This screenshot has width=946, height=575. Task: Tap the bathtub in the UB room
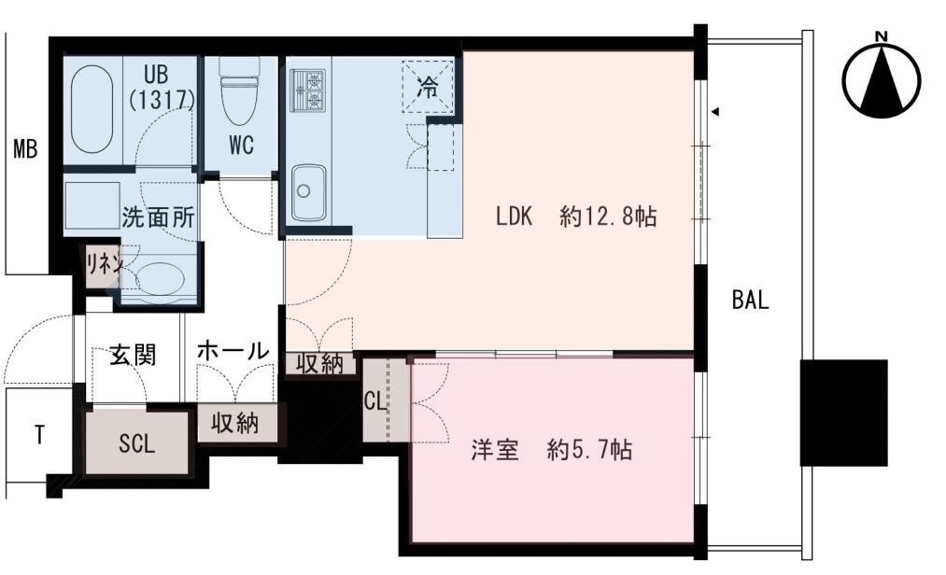[x=92, y=109]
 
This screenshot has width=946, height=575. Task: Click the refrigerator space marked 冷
[x=428, y=87]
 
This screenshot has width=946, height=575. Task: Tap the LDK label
[x=513, y=217]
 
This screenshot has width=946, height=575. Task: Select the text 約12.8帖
[x=609, y=217]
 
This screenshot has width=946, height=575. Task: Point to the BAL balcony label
[x=750, y=301]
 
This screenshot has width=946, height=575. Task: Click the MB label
[x=25, y=148]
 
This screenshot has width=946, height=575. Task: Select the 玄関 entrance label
[x=132, y=355]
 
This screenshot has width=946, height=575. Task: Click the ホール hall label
[x=233, y=351]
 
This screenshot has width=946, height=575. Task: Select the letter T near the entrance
[x=39, y=436]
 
